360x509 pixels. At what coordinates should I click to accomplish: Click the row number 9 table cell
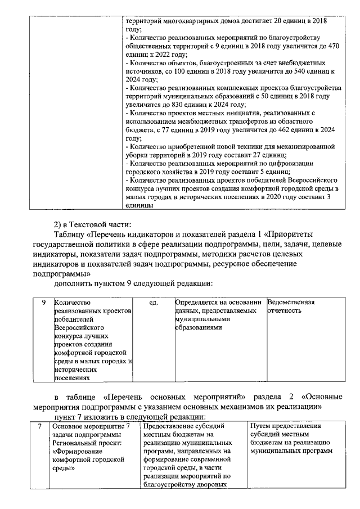tap(43, 303)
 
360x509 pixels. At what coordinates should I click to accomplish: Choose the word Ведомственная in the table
tap(291, 303)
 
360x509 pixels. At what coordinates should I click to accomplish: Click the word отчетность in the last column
tap(286, 310)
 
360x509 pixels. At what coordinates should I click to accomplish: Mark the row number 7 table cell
tap(39, 427)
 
